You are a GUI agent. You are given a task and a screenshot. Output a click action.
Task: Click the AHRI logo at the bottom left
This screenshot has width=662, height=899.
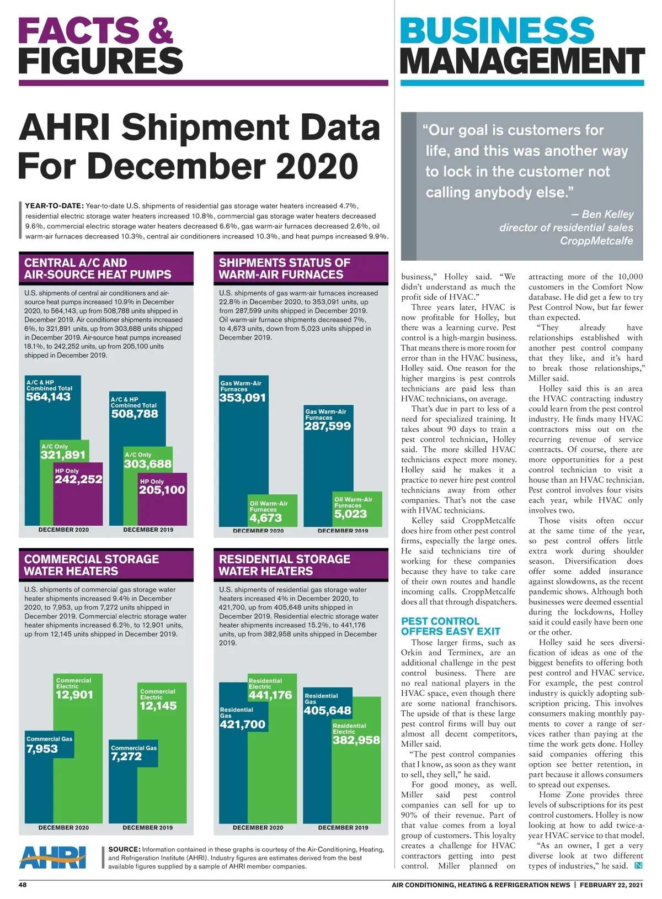(x=52, y=857)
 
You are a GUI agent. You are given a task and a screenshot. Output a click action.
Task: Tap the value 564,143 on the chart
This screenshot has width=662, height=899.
(x=48, y=396)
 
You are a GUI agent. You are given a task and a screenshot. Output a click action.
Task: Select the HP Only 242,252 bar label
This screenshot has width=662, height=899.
(x=78, y=479)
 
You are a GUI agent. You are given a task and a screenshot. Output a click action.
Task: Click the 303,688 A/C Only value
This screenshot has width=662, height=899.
(x=147, y=464)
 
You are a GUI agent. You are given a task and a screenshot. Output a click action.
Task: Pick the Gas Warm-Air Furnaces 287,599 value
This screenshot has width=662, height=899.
(x=327, y=426)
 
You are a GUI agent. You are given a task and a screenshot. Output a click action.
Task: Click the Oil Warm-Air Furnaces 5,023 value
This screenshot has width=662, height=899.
(x=350, y=514)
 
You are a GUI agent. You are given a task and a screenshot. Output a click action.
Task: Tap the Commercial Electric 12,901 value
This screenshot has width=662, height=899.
(x=74, y=695)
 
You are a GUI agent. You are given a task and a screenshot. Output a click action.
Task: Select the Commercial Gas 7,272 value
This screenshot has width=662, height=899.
(x=126, y=757)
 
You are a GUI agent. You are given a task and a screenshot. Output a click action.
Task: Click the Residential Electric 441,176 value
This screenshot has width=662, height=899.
(x=270, y=695)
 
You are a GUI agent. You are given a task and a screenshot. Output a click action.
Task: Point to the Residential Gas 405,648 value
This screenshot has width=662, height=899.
(x=327, y=710)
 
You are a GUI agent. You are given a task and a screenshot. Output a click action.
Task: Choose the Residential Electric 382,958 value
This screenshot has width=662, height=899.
(x=356, y=740)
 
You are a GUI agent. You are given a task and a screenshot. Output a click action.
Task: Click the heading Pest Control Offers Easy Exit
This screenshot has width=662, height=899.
(x=450, y=626)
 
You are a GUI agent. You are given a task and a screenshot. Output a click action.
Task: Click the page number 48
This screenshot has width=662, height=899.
(x=23, y=885)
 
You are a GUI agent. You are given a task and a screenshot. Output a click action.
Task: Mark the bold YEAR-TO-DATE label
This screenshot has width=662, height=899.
(x=54, y=206)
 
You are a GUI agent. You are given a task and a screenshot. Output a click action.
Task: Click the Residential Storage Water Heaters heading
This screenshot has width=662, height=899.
(x=284, y=565)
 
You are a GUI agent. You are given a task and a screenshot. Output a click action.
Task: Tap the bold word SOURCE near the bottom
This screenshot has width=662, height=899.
(x=124, y=849)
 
